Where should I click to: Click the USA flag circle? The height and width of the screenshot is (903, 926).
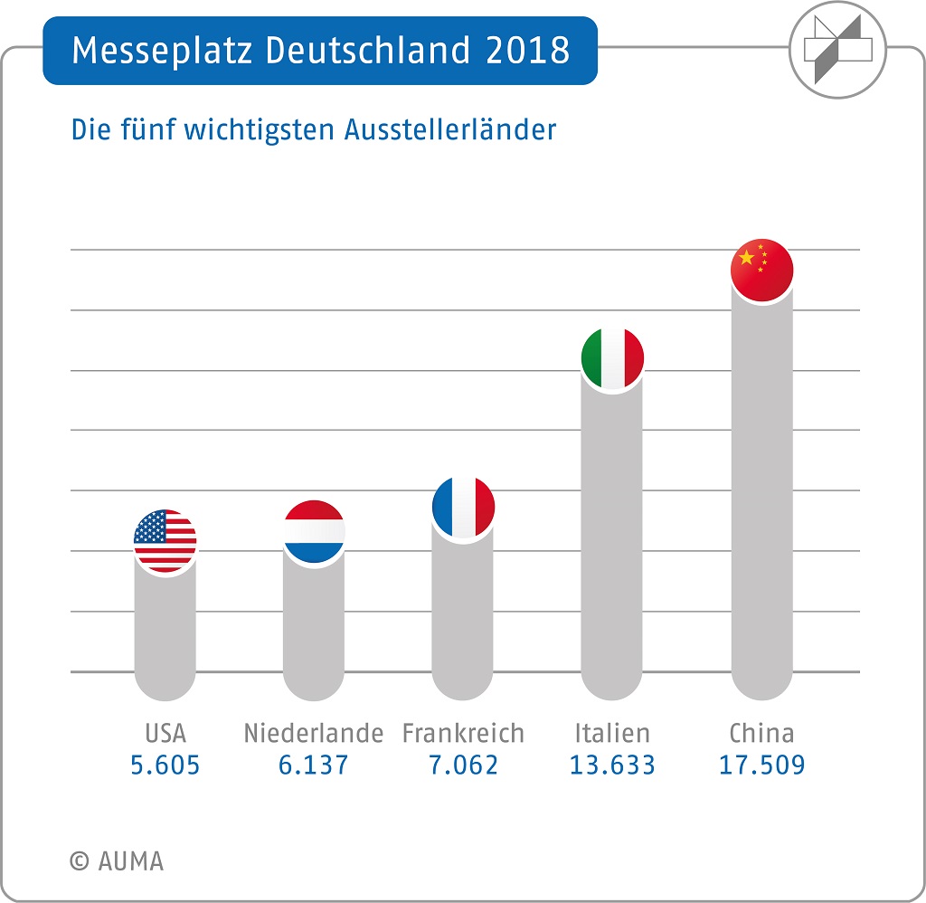pos(165,541)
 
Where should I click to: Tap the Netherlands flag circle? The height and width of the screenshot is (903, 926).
pos(314,533)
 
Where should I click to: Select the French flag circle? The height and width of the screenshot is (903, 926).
pos(463,509)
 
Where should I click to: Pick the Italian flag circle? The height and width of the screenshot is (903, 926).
pos(612,359)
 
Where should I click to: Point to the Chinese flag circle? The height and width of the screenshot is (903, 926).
pos(761,271)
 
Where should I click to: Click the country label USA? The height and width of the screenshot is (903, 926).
pos(165,732)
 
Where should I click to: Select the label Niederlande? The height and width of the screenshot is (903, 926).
pos(314,732)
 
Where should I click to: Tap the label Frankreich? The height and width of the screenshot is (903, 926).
pos(463,732)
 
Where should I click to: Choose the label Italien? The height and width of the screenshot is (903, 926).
pos(612,732)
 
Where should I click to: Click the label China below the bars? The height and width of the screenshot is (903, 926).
pos(761,732)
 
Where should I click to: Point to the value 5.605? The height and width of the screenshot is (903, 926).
pos(165,765)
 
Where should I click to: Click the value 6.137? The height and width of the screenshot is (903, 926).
pos(314,765)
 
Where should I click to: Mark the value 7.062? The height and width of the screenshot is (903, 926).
pos(463,765)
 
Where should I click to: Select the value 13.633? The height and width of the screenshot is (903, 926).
pos(612,765)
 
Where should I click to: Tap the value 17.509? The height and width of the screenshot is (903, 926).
pos(761,765)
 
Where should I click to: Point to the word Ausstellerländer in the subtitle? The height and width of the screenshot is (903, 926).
pos(449,129)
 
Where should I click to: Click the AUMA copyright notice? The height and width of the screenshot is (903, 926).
pos(117,860)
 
